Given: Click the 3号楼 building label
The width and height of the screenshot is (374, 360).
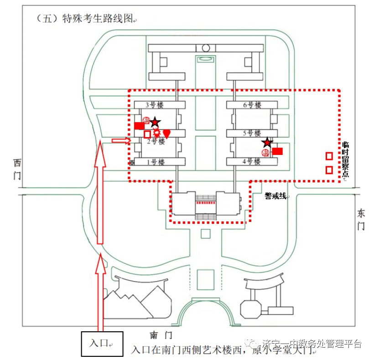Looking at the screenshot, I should click(x=154, y=105).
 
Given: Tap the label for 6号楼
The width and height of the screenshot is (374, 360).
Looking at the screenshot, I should click(x=252, y=105).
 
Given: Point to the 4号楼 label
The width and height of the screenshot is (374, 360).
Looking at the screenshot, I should click(x=251, y=162).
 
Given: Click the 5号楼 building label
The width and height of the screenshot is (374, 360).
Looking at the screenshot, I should click(x=251, y=134).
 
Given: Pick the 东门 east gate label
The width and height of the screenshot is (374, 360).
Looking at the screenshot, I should click(x=361, y=219).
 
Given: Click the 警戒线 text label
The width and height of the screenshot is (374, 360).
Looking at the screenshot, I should click(x=275, y=196).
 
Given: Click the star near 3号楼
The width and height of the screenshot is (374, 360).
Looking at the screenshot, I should click(x=156, y=122).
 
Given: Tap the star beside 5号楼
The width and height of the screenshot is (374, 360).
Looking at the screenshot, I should click(x=267, y=143).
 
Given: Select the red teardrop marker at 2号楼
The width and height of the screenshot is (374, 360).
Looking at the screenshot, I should click(x=167, y=134).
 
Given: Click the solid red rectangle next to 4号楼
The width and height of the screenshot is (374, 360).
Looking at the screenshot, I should click(x=277, y=151).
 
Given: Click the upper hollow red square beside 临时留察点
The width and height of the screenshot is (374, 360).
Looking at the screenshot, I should click(x=329, y=156).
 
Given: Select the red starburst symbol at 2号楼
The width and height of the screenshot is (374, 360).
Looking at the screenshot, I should click(x=157, y=133).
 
